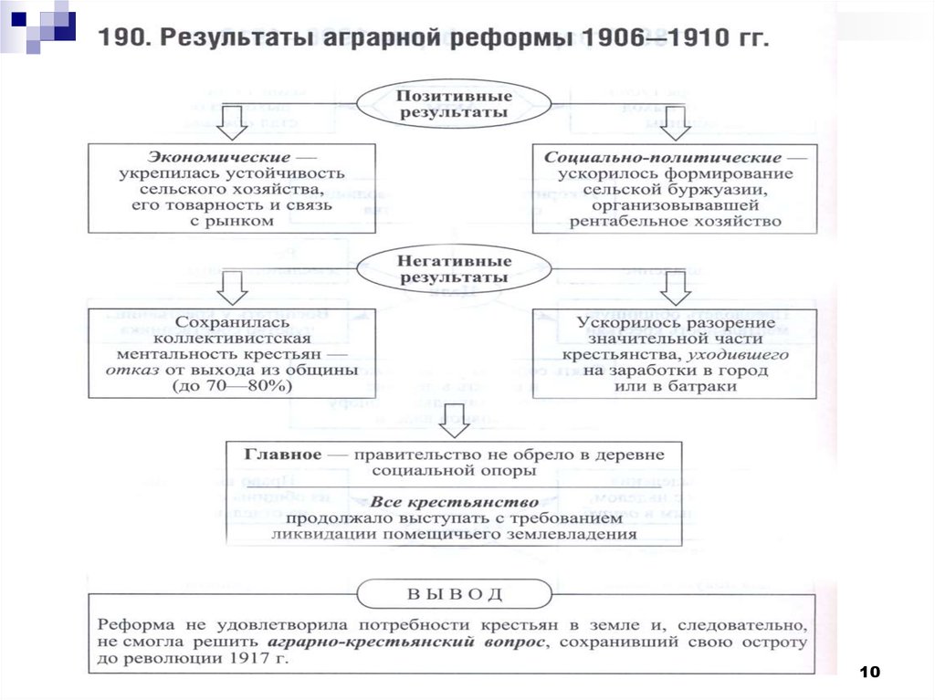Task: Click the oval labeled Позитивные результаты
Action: (453, 104)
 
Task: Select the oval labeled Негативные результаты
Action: (453, 268)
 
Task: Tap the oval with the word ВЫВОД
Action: (453, 594)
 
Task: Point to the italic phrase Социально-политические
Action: (662, 158)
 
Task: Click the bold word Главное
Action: (282, 454)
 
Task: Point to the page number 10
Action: (870, 673)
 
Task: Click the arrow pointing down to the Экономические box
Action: (232, 122)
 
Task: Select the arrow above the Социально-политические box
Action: (676, 122)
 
